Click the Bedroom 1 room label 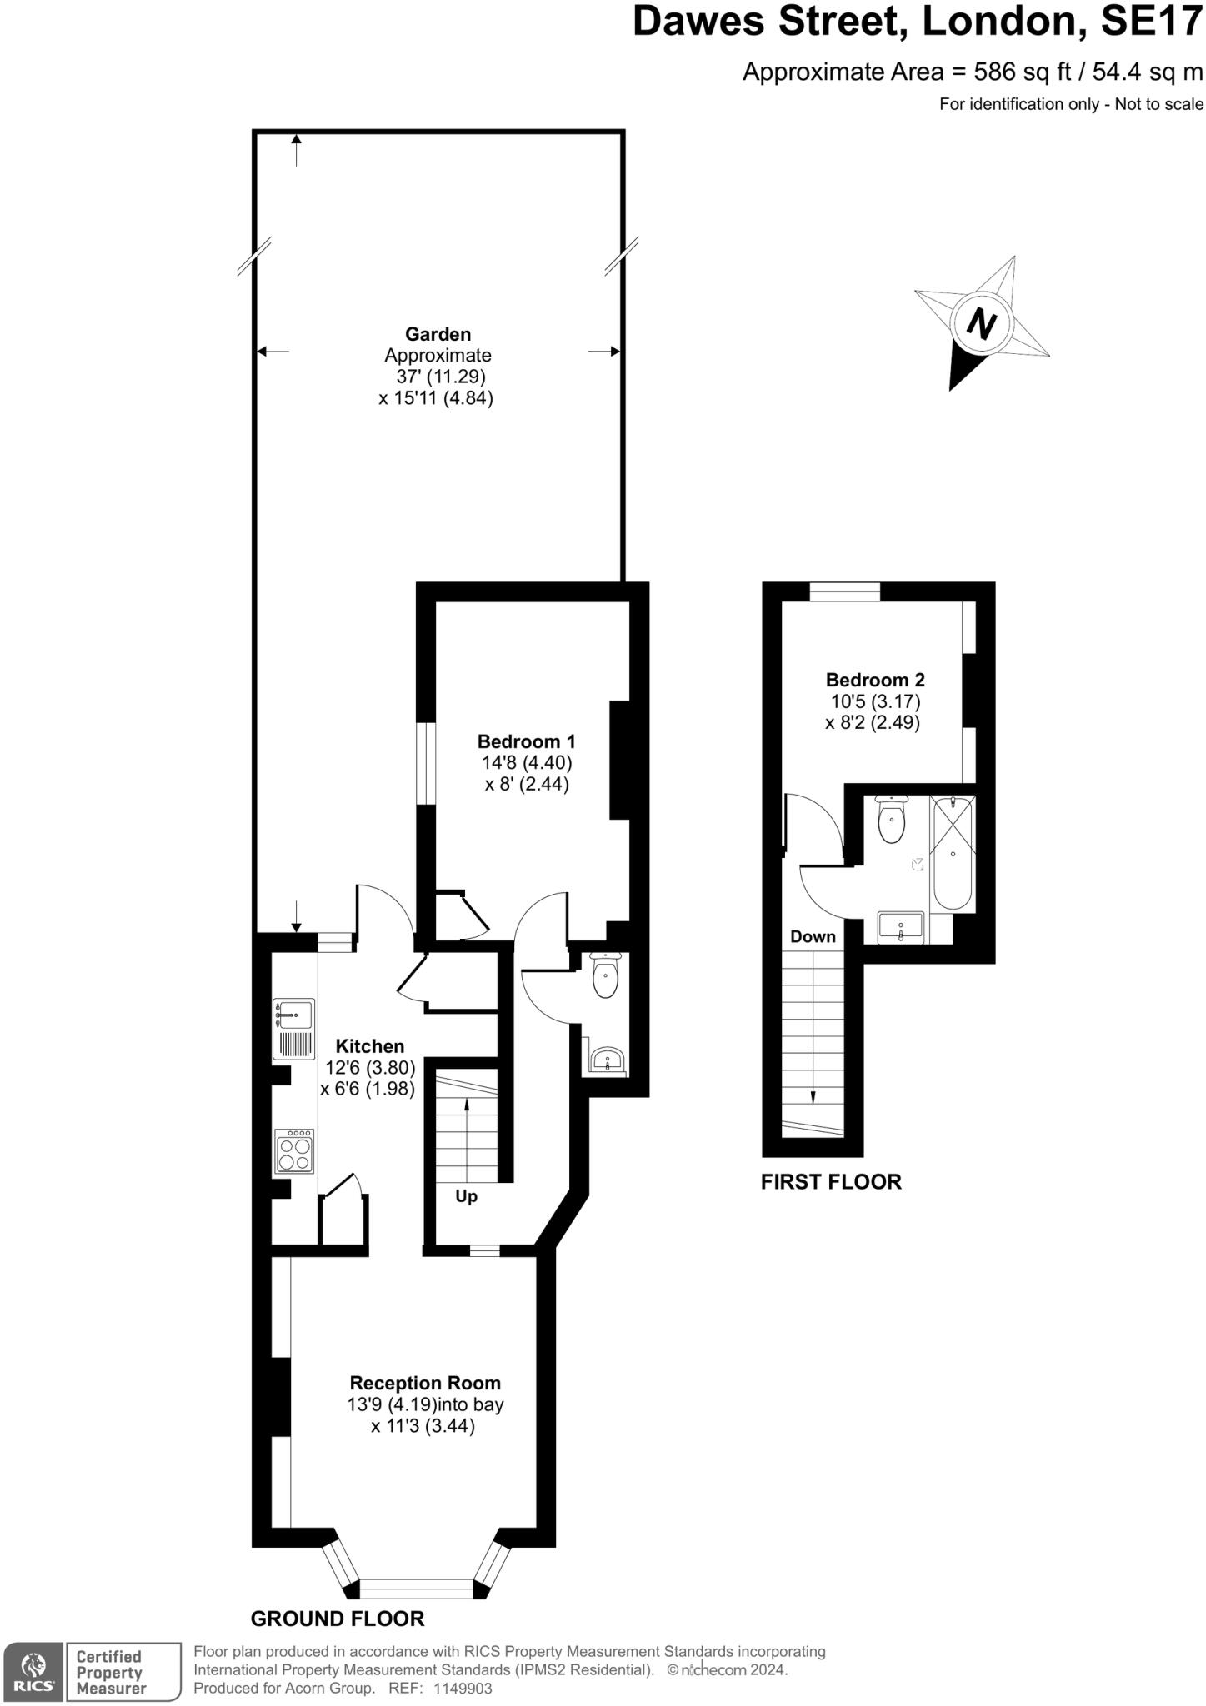[526, 741]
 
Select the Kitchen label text [369, 1046]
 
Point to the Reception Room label [425, 1383]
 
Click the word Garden [438, 334]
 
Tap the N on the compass [982, 323]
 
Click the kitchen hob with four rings [295, 1151]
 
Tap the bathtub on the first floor [953, 853]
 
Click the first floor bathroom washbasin [901, 927]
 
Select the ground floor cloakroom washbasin [608, 1060]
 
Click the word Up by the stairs [466, 1196]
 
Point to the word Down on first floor [813, 936]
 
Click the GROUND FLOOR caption [338, 1619]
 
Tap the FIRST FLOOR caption [831, 1182]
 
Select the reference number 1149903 [462, 1689]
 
